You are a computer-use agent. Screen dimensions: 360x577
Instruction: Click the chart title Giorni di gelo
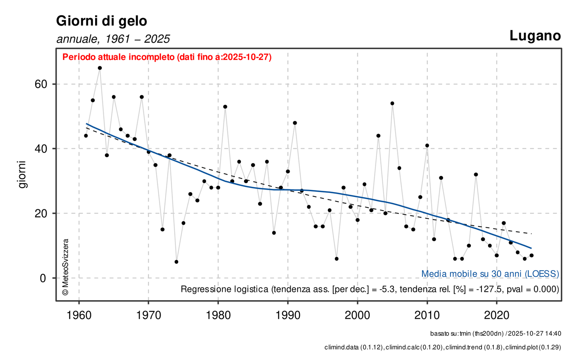click(x=101, y=21)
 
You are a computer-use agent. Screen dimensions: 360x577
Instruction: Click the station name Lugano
click(x=535, y=36)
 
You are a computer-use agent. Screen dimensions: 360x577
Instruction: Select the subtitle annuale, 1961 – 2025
click(x=113, y=39)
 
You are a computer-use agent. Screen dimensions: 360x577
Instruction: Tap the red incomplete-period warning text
click(x=167, y=57)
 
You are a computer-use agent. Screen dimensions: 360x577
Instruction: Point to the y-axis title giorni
click(x=22, y=174)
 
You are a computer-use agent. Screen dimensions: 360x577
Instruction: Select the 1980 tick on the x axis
click(x=218, y=316)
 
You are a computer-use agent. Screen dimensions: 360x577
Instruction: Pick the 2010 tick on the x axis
click(x=427, y=316)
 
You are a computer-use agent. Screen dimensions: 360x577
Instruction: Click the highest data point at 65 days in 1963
click(x=100, y=68)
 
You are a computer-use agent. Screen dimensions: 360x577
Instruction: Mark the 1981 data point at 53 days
click(x=225, y=106)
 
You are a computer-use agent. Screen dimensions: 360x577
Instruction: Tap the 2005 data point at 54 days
click(x=392, y=103)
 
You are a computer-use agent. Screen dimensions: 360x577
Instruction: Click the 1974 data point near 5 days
click(x=176, y=262)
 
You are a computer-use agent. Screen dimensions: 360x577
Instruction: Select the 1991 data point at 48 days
click(x=295, y=123)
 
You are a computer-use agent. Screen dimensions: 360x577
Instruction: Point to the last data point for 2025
click(x=532, y=255)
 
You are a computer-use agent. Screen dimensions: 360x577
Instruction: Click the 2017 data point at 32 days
click(x=476, y=174)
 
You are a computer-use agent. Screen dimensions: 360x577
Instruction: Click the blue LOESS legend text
click(x=490, y=274)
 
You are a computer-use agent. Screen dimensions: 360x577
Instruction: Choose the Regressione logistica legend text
click(x=370, y=289)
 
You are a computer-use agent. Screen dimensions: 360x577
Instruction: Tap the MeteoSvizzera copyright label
click(x=65, y=267)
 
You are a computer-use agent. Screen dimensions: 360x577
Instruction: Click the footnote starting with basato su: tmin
click(x=495, y=334)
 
